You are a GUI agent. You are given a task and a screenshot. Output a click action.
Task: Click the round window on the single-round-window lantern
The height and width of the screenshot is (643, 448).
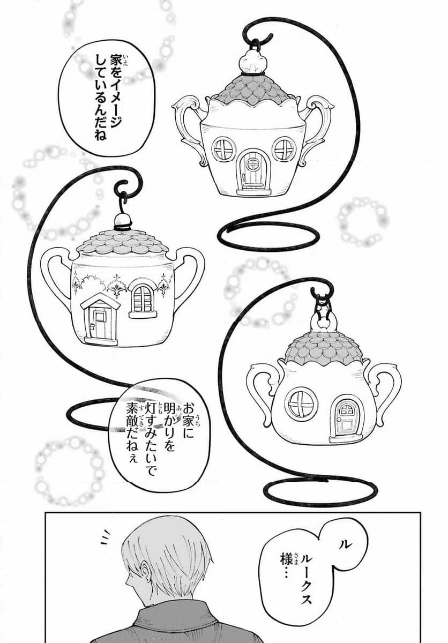(301, 403)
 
